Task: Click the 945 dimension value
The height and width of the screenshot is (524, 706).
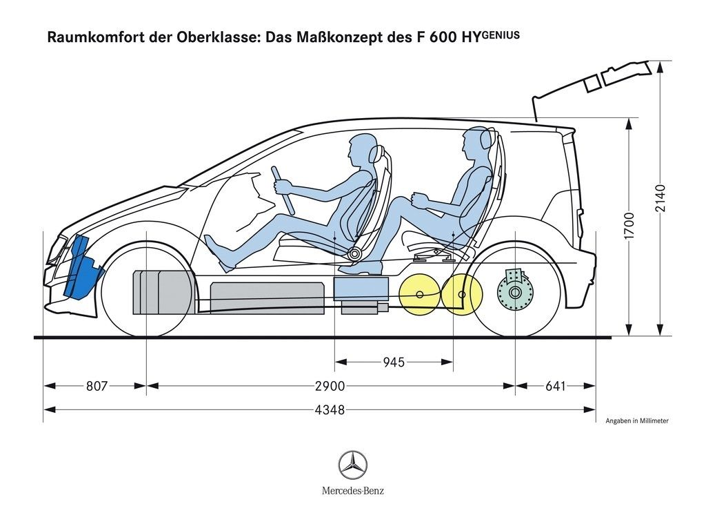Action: [394, 362]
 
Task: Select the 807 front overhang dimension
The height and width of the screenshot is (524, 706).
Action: [97, 387]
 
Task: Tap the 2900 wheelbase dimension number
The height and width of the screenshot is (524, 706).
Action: [330, 387]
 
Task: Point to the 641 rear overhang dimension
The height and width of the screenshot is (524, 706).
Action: [555, 387]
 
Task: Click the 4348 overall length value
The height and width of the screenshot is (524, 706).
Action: [330, 410]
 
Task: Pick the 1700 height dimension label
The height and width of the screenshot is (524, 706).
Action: [629, 226]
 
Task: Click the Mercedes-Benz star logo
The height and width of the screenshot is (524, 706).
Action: [352, 465]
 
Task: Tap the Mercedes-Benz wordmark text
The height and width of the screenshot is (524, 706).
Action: [352, 491]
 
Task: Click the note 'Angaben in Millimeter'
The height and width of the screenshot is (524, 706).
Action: [637, 420]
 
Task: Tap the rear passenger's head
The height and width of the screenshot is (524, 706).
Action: [476, 143]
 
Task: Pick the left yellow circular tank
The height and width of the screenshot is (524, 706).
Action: [418, 295]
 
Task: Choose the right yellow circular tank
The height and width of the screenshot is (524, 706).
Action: [461, 293]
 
